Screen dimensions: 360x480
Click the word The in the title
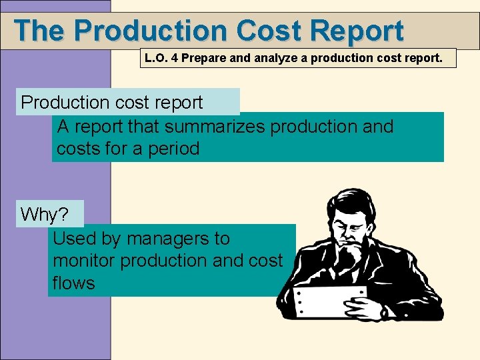tap(40, 31)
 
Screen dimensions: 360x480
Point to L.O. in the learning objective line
tap(155, 58)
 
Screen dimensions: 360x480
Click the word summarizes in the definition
tap(215, 126)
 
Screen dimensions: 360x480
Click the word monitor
tap(84, 261)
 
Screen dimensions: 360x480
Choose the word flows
tap(73, 283)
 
